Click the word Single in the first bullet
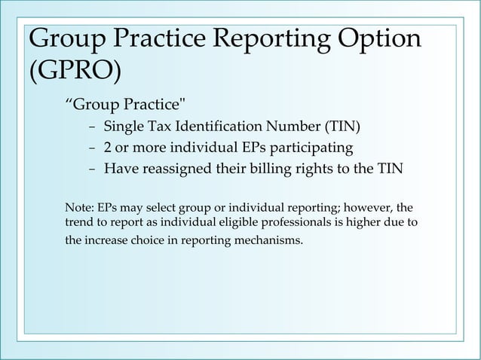pyautogui.click(x=123, y=125)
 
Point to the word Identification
pyautogui.click(x=224, y=125)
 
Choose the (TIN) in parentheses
pyautogui.click(x=347, y=125)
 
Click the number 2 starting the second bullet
pyautogui.click(x=108, y=147)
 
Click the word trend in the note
pyautogui.click(x=80, y=224)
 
